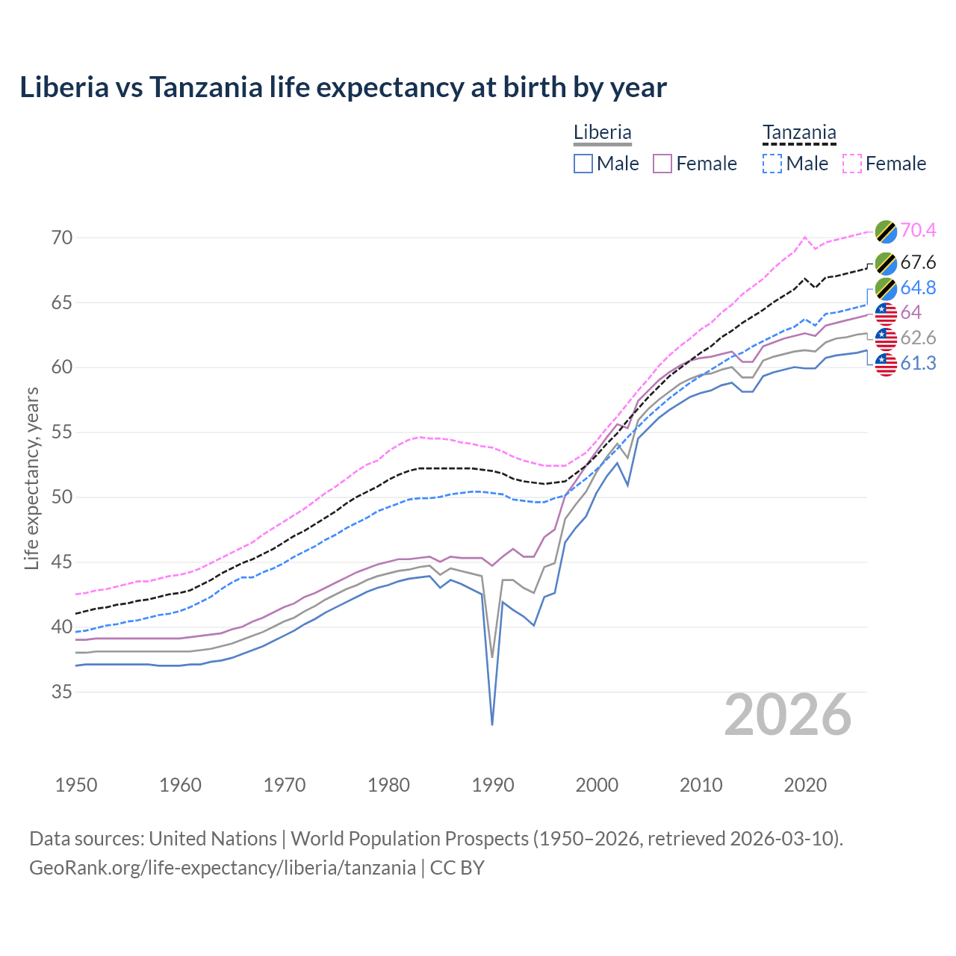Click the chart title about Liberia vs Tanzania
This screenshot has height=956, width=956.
click(x=343, y=87)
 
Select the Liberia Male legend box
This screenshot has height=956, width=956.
click(x=583, y=164)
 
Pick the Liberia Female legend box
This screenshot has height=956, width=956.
click(x=662, y=164)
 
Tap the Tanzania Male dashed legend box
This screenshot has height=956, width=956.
click(x=772, y=164)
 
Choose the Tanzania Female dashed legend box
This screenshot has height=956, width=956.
click(x=852, y=164)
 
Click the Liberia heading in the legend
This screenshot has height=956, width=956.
click(x=602, y=132)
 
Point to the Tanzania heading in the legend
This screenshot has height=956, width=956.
click(x=798, y=133)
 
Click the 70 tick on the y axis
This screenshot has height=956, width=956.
click(x=62, y=238)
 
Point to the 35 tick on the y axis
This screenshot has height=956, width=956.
click(x=62, y=692)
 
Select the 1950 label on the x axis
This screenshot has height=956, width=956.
click(x=76, y=785)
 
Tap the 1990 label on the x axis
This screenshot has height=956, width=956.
click(x=493, y=785)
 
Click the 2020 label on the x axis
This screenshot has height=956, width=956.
click(x=805, y=785)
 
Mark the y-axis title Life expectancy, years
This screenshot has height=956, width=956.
click(x=31, y=478)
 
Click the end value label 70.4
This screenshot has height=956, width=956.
click(x=918, y=230)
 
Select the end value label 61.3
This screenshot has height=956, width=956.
click(x=918, y=364)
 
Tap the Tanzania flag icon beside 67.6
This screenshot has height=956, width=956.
click(x=886, y=263)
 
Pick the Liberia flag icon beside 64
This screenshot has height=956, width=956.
click(x=886, y=314)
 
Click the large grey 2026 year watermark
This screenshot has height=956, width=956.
click(x=788, y=715)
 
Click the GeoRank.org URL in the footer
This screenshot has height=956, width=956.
click(x=223, y=868)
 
